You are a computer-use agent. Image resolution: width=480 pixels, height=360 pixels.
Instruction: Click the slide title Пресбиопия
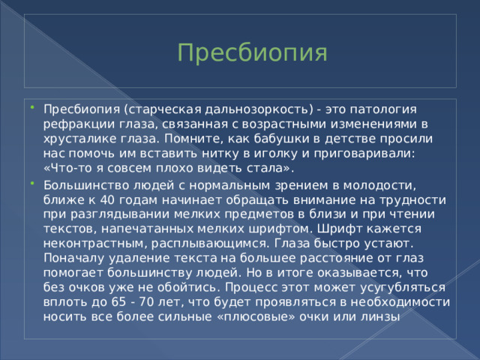252,53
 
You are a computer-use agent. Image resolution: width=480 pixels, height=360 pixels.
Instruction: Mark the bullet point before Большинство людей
34,184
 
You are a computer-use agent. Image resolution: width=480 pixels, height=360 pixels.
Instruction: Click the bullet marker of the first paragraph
34,109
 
